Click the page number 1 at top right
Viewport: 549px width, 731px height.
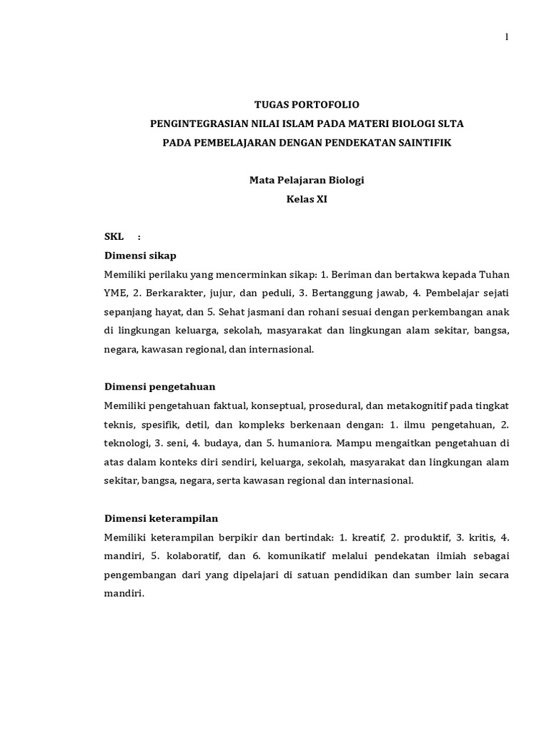(507, 38)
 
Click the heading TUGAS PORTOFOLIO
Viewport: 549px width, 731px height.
(306, 104)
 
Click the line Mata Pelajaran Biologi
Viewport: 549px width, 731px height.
(306, 180)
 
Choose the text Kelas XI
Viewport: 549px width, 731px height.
(306, 199)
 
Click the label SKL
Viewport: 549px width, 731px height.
(114, 236)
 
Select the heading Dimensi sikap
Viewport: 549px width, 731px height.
(141, 255)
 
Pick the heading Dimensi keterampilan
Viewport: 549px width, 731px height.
(161, 518)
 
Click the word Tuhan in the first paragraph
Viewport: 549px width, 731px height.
(494, 274)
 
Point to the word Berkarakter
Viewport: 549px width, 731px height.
(167, 293)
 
